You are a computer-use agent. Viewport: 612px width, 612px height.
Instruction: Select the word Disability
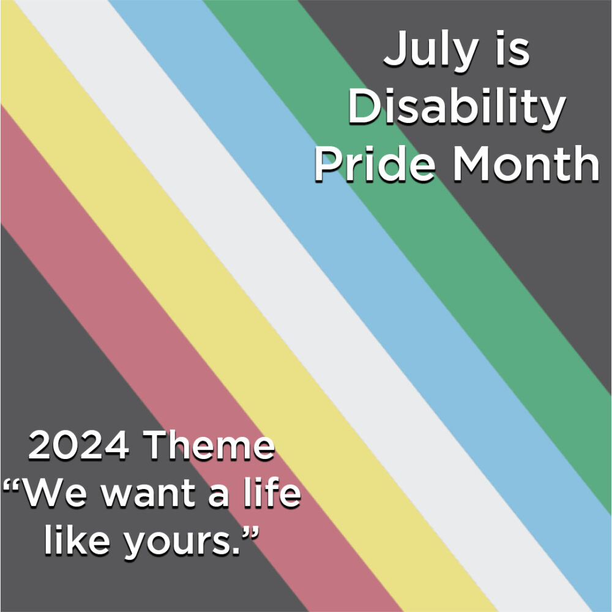pos(456,109)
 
